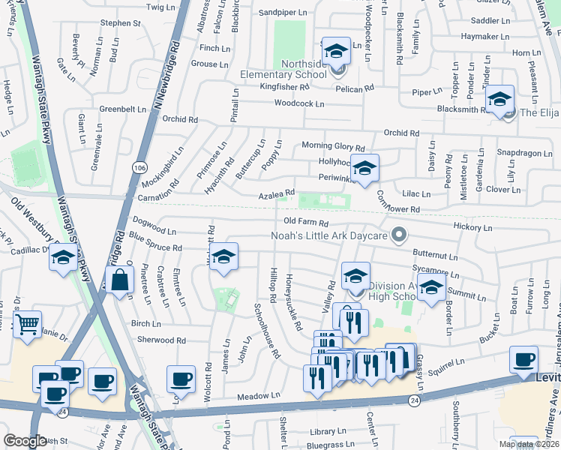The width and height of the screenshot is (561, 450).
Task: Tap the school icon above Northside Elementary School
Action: coord(336,51)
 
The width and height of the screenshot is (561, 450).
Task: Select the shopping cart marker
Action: coord(27,325)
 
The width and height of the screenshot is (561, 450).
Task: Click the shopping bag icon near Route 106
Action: coord(120,280)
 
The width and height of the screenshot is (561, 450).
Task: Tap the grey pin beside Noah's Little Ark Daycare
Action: coord(399,235)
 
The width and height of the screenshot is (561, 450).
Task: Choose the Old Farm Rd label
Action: coord(306,223)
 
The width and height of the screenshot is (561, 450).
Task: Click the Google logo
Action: coord(25,441)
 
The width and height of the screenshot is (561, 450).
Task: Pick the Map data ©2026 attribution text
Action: coord(529,444)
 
